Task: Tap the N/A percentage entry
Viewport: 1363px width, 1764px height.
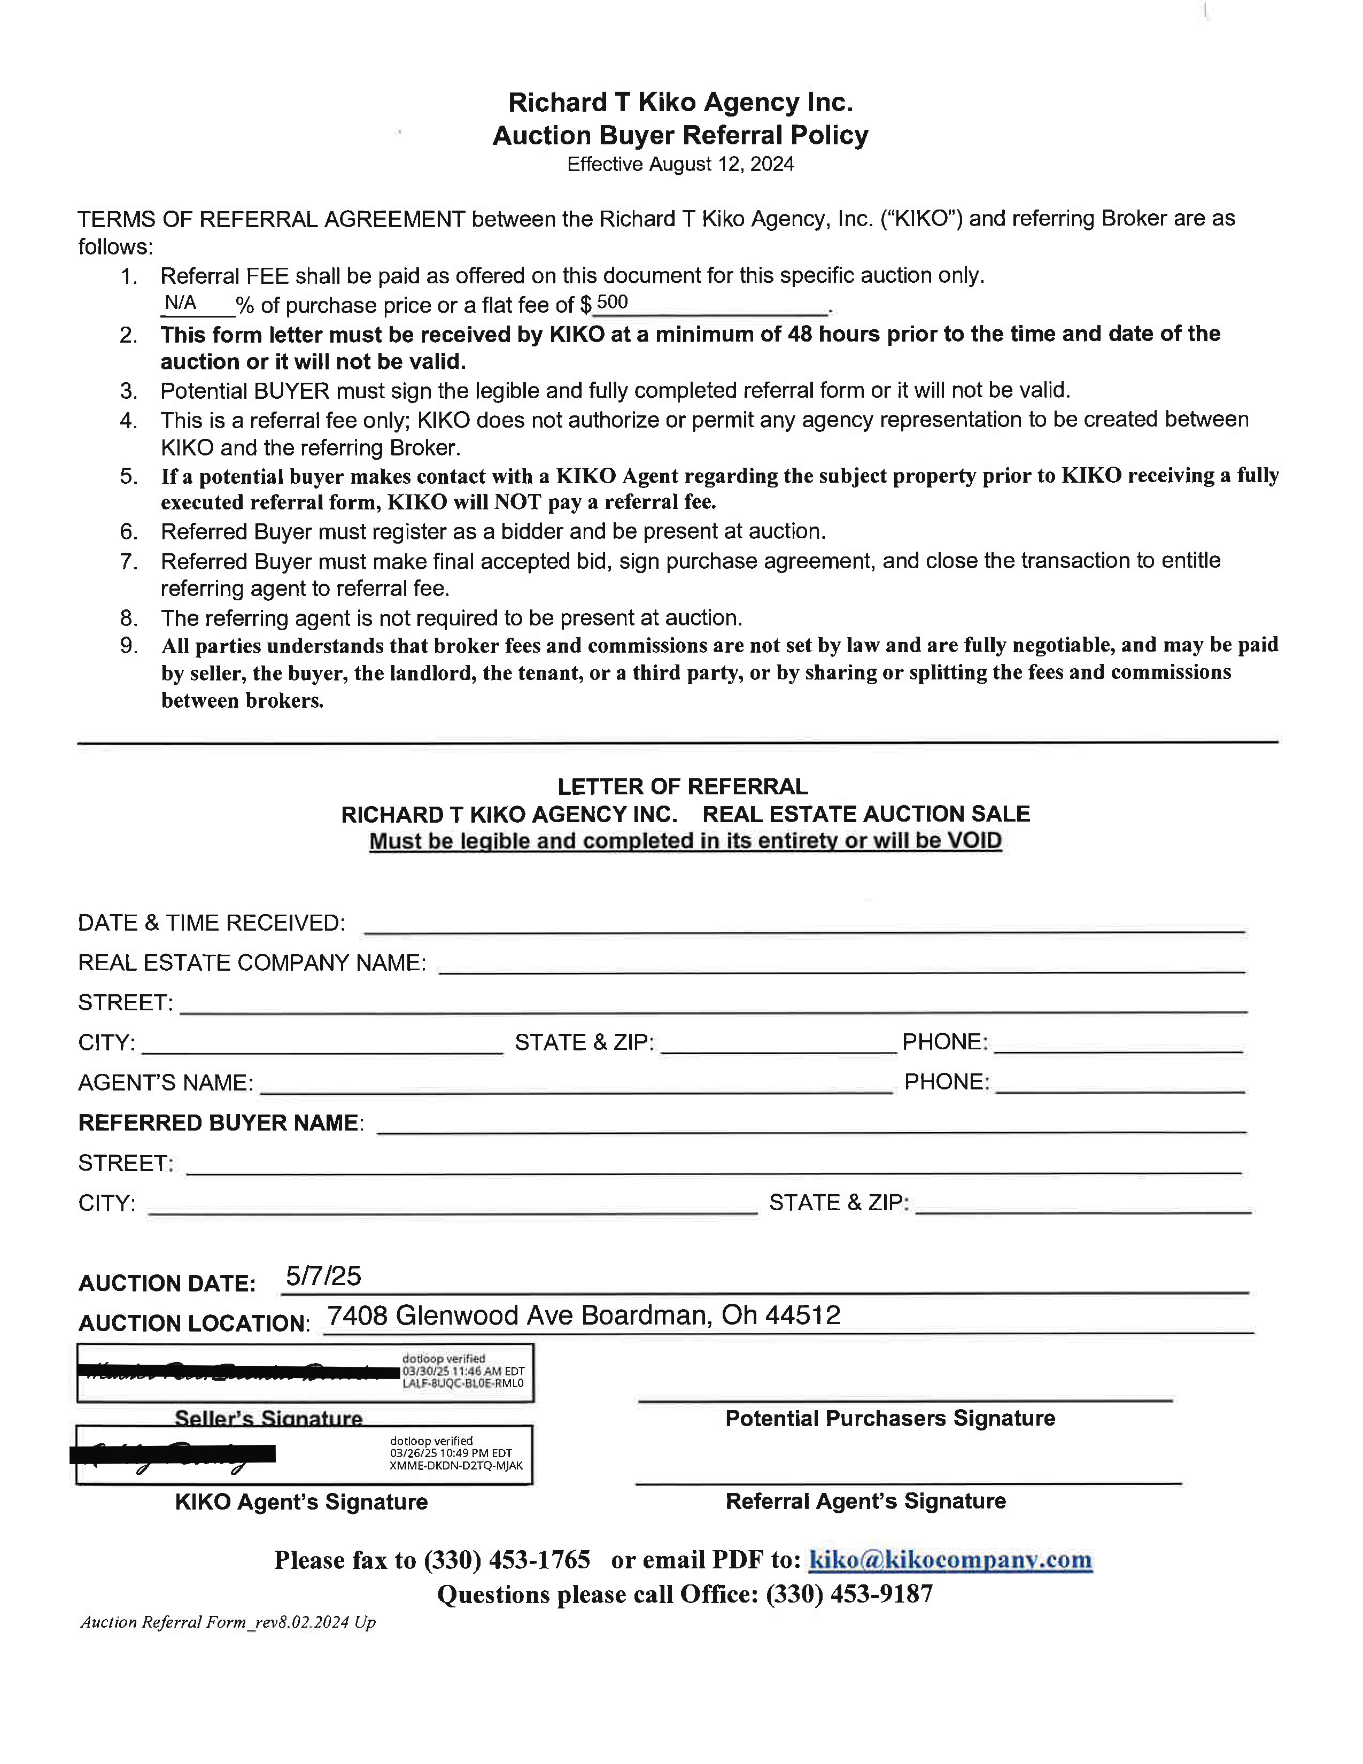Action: click(180, 303)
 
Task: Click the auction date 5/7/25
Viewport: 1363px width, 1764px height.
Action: click(323, 1275)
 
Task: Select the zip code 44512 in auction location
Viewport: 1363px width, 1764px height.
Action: click(803, 1316)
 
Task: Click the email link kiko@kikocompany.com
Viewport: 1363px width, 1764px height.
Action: click(950, 1560)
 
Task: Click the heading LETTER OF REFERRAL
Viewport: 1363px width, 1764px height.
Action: click(683, 787)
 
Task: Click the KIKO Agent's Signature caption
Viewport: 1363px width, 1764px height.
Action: click(301, 1502)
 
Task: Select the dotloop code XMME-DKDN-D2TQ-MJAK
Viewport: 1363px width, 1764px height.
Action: click(456, 1465)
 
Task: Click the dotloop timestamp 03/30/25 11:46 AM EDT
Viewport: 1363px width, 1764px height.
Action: click(463, 1371)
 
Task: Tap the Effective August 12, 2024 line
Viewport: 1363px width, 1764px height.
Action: click(680, 165)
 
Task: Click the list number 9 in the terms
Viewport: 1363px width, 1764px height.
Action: click(129, 646)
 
